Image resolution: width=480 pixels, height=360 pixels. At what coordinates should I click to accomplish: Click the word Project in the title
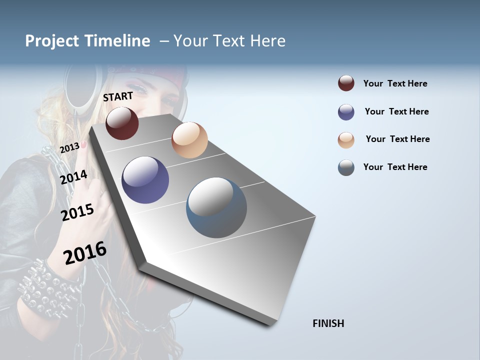click(x=52, y=41)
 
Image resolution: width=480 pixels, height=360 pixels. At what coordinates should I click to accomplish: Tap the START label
click(x=118, y=96)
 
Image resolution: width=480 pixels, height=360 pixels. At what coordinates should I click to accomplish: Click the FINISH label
click(x=328, y=323)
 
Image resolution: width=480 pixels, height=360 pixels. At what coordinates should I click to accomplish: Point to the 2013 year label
click(x=69, y=147)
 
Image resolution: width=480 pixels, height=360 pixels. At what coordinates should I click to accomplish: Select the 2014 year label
click(x=73, y=177)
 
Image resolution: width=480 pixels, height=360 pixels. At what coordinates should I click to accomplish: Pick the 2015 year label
click(x=77, y=212)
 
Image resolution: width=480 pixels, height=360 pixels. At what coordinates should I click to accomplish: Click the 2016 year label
click(x=85, y=252)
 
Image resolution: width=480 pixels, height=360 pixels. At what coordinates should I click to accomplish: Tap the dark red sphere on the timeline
click(x=122, y=123)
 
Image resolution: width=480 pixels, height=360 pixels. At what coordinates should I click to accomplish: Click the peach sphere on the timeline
click(x=189, y=140)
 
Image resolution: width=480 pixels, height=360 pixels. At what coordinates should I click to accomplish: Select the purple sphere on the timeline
click(x=145, y=180)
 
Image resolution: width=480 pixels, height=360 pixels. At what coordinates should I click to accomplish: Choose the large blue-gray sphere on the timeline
click(x=216, y=207)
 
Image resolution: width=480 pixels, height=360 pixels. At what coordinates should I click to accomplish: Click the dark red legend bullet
click(x=346, y=83)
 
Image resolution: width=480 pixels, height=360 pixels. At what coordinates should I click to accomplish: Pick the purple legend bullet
click(x=346, y=112)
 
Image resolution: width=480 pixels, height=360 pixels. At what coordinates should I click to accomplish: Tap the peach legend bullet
click(x=346, y=139)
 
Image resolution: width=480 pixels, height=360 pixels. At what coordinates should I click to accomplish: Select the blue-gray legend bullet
click(x=346, y=167)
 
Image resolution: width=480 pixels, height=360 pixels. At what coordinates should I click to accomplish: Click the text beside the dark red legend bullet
click(x=395, y=83)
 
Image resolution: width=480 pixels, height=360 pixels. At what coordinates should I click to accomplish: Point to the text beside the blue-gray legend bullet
click(x=395, y=167)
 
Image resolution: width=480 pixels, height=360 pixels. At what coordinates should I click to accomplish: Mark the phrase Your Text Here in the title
click(x=229, y=41)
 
